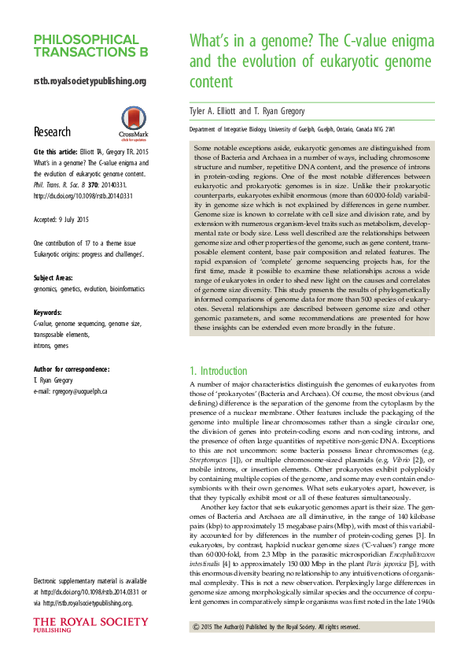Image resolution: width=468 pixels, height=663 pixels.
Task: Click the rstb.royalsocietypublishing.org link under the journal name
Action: tap(90, 81)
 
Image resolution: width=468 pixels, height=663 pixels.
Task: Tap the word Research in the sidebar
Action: tap(52, 131)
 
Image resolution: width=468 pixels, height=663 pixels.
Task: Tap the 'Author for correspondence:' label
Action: tap(71, 369)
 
